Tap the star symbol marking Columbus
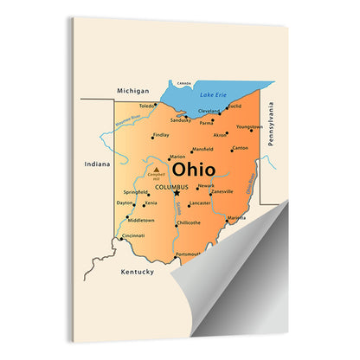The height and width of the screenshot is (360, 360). pos(177,193)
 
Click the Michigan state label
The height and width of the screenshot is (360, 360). pos(134,89)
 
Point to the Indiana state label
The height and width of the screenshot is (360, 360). pos(97,164)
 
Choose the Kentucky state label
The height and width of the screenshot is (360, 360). pos(137,272)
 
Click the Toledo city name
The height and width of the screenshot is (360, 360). pos(147,106)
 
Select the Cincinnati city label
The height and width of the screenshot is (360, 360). pos(133,235)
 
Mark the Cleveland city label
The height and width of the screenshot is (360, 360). pos(209,111)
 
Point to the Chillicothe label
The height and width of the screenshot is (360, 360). pos(189,222)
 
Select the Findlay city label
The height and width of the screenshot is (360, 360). pos(161,135)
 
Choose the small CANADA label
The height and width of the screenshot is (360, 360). pos(184,83)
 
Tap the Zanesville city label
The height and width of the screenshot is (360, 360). pos(222,191)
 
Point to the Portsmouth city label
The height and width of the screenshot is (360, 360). pos(188,254)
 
